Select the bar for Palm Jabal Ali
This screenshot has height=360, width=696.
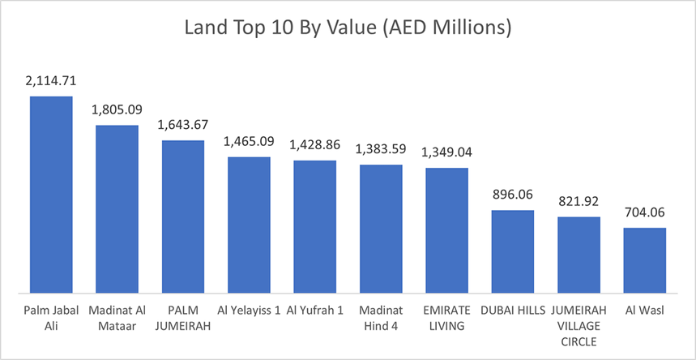pos(51,195)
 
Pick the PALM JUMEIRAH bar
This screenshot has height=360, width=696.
pos(182,216)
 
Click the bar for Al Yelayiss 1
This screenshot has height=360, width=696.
pos(249,225)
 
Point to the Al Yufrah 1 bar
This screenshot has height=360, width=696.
pos(314,227)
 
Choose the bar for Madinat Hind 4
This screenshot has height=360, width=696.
pos(381,229)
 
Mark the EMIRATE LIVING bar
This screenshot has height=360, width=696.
pos(446,230)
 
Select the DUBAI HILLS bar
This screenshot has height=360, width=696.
pos(513,251)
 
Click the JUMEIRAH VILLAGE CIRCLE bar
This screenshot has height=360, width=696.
pos(579,255)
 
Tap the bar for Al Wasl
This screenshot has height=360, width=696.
pos(645,260)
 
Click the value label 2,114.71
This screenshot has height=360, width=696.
pos(51,82)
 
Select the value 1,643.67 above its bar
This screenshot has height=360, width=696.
pos(182,126)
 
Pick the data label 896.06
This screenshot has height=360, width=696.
pos(513,195)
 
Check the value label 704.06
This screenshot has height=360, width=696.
pos(645,213)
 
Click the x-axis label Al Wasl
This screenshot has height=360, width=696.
pos(645,311)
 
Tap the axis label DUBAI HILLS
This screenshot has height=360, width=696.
pos(513,311)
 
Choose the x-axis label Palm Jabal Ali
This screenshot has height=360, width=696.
pos(51,318)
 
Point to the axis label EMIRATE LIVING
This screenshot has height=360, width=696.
pos(446,318)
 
